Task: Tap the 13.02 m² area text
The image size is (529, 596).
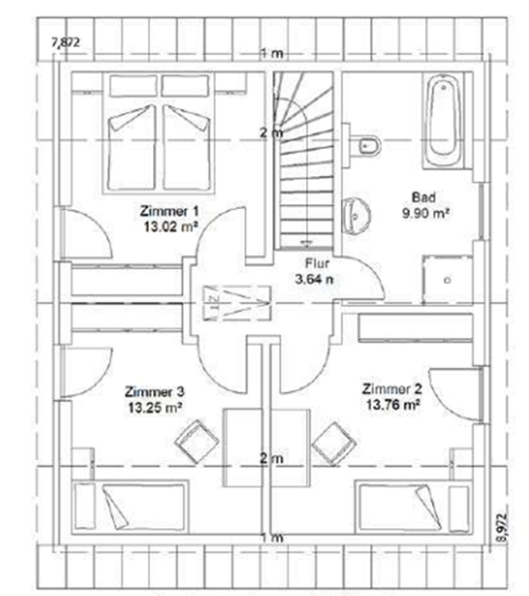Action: (170, 224)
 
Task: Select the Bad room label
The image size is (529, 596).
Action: (424, 198)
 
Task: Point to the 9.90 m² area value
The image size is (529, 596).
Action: (424, 212)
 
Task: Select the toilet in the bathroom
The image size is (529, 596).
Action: (367, 145)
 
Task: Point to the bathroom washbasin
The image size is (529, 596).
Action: (356, 213)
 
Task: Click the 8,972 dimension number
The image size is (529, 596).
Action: (499, 527)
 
